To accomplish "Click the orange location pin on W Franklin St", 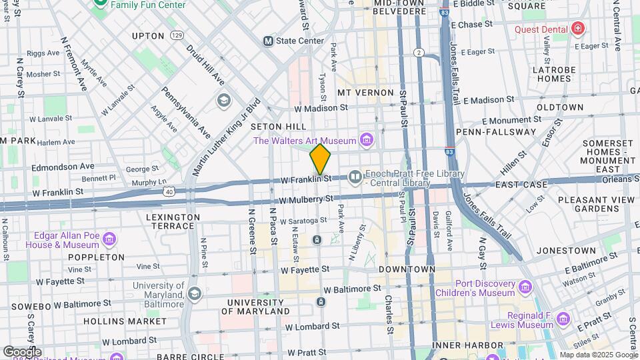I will click(320, 159).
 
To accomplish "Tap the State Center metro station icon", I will click(269, 41).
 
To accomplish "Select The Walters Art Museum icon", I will click(365, 140).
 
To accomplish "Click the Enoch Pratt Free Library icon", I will click(355, 177).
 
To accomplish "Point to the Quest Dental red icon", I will click(577, 29).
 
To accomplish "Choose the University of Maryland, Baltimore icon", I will click(194, 293).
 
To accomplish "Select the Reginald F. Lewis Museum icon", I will click(563, 318).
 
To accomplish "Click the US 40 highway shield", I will click(169, 192).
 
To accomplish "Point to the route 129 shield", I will click(176, 35).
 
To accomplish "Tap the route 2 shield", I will click(419, 53).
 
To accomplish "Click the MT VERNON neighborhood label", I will click(362, 92).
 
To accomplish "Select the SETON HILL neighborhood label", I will click(278, 127).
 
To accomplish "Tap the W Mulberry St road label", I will click(306, 199).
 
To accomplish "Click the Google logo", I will click(22, 351).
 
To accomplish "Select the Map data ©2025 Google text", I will click(598, 355).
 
